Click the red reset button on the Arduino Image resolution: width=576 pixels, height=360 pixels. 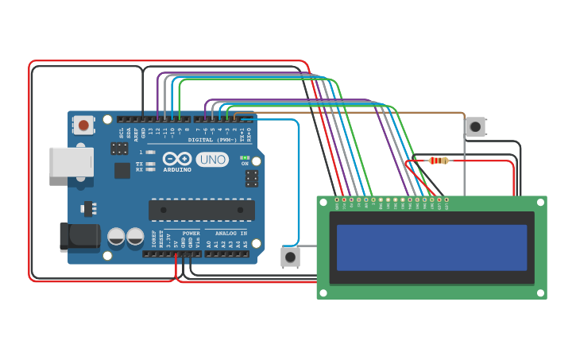(83, 125)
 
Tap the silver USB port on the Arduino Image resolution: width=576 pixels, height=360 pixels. (71, 162)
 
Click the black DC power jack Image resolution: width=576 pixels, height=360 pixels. (79, 237)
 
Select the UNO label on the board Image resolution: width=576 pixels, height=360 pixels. (212, 159)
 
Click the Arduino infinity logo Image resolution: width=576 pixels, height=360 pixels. (178, 158)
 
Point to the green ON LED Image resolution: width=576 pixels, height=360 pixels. (245, 157)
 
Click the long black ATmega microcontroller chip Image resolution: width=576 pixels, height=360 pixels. (202, 210)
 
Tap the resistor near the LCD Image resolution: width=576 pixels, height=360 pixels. (438, 161)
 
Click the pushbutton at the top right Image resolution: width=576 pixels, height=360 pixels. (475, 126)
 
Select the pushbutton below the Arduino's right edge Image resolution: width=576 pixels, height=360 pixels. (291, 257)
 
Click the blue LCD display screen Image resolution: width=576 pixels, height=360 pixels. (431, 247)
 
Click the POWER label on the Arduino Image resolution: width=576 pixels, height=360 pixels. (191, 234)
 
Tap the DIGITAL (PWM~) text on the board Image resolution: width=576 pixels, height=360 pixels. (212, 140)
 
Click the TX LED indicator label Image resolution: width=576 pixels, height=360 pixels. (139, 164)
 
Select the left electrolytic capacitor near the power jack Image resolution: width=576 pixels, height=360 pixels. (116, 237)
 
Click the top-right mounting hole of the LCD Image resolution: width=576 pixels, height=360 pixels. (540, 203)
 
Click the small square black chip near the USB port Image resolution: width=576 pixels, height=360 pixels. (122, 170)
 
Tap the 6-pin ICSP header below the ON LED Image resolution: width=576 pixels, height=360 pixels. (251, 178)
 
